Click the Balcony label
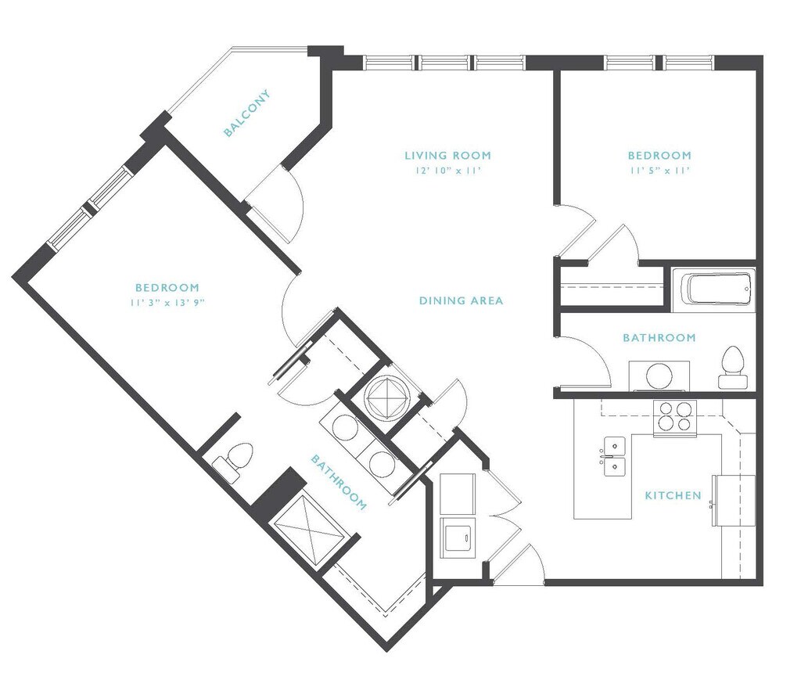tap(246, 113)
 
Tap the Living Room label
tap(447, 156)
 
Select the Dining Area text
tap(461, 300)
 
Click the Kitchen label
tap(673, 495)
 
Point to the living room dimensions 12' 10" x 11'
tap(448, 171)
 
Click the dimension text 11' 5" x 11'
tap(659, 171)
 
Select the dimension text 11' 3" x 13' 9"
tap(167, 303)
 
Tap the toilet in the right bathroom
tap(732, 367)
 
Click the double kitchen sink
tap(614, 456)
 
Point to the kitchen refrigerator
tap(734, 500)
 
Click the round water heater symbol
tap(387, 395)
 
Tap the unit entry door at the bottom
tap(519, 564)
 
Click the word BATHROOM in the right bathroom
tap(659, 337)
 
